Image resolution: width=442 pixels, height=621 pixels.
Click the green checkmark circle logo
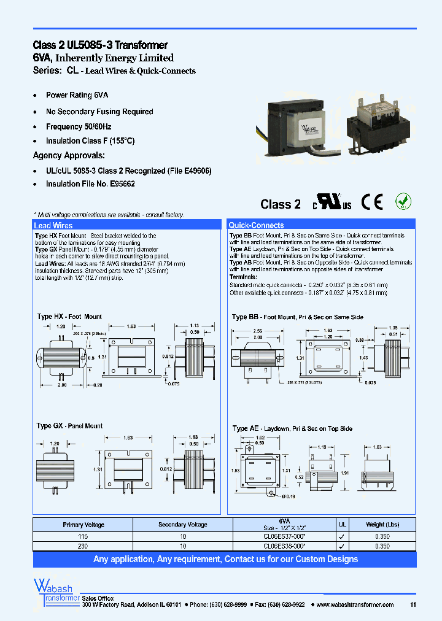click(x=403, y=201)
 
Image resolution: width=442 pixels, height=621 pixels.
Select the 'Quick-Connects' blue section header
click(x=257, y=226)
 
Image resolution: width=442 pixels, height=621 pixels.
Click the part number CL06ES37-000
click(x=280, y=536)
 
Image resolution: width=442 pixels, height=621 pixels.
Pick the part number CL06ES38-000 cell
click(x=280, y=544)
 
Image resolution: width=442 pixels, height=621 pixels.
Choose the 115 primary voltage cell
click(x=83, y=536)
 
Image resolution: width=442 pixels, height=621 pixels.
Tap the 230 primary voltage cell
click(x=83, y=544)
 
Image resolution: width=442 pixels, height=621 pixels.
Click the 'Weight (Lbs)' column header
click(x=383, y=525)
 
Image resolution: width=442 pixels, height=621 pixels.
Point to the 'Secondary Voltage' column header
click(x=183, y=525)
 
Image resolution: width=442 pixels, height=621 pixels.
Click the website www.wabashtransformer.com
click(x=355, y=604)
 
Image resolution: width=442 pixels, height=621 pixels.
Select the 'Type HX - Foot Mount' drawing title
click(x=69, y=317)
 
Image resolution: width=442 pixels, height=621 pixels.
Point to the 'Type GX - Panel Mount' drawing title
click(x=69, y=426)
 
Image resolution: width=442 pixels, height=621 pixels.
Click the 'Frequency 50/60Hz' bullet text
click(x=79, y=126)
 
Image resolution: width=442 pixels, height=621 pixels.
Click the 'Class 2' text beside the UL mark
click(x=281, y=204)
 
